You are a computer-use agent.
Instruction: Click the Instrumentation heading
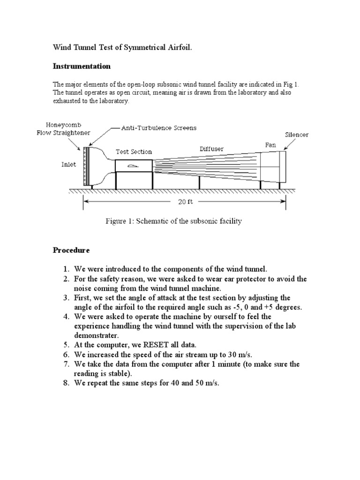82,66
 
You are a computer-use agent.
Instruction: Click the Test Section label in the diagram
134,151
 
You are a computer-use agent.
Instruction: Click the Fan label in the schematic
270,145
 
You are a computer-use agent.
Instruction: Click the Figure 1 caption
173,221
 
